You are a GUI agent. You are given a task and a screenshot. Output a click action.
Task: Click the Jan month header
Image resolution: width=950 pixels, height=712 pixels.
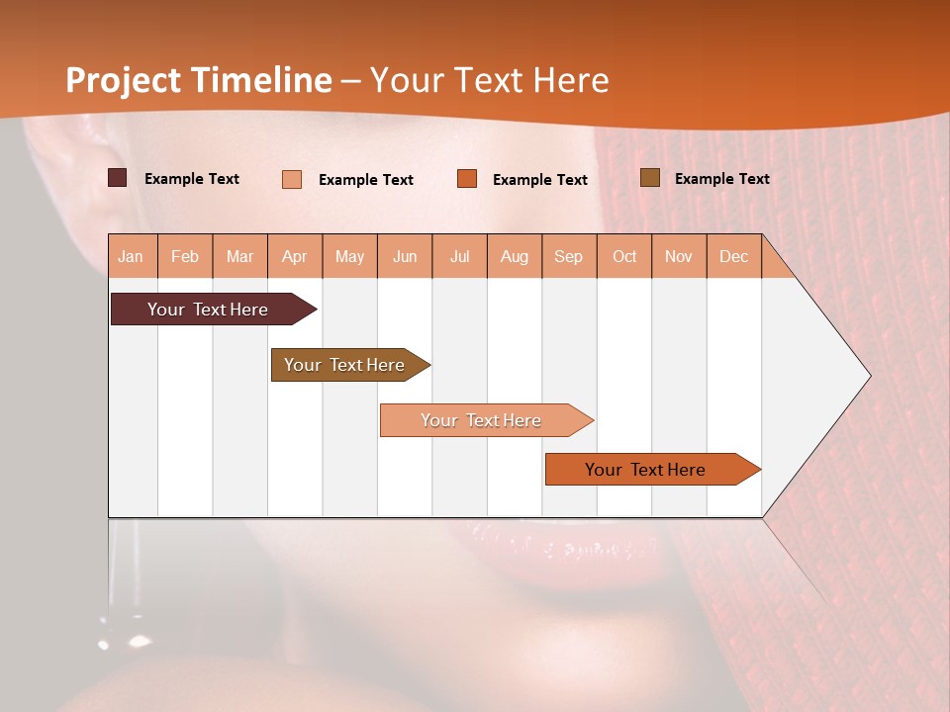(132, 256)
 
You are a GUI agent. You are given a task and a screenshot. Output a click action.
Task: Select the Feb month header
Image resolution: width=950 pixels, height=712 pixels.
(185, 256)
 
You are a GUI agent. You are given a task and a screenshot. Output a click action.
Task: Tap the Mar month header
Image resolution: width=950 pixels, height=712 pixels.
(239, 256)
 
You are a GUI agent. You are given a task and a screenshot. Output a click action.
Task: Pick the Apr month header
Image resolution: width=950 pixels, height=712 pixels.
(295, 256)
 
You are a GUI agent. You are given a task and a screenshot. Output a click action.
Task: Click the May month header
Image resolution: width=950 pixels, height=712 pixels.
(349, 256)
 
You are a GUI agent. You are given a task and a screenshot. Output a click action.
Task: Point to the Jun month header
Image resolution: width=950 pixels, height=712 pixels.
(405, 256)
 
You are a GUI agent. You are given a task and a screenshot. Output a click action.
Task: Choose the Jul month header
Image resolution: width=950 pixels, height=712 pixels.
(459, 256)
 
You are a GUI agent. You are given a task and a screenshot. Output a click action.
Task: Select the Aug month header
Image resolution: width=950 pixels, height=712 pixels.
(515, 256)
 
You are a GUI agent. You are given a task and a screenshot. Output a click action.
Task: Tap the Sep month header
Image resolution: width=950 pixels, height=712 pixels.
(569, 256)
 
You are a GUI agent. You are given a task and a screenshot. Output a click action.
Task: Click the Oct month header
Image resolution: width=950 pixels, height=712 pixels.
(624, 256)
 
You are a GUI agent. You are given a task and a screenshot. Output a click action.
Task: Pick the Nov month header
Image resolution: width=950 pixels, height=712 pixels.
(679, 256)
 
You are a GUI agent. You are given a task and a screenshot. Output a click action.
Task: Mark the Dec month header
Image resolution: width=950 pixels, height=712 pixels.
(733, 256)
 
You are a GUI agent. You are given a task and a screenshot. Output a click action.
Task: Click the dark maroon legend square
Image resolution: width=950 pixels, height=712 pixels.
(118, 178)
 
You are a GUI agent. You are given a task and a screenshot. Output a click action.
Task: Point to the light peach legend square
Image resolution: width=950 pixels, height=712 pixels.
(292, 179)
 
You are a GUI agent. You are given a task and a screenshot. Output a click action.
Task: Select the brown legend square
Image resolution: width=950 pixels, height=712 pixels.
(649, 178)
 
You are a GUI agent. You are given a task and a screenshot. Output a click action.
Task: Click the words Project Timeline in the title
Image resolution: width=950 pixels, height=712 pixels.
(198, 80)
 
